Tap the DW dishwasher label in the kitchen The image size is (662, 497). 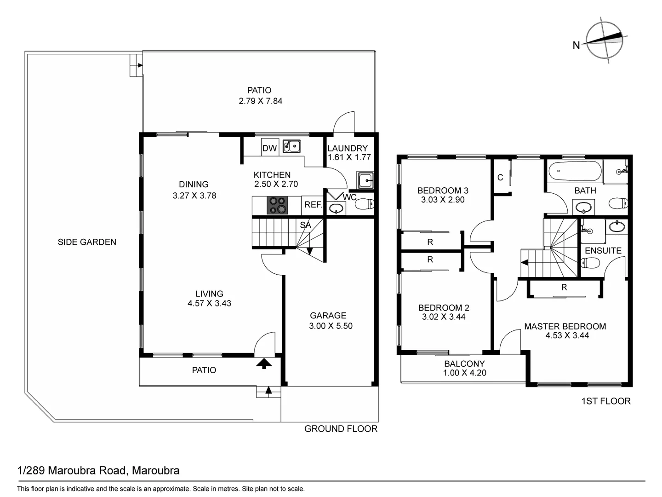click(x=269, y=148)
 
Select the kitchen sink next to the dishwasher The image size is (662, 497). click(x=291, y=146)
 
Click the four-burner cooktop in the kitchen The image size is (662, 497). click(x=277, y=205)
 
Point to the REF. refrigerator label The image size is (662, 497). click(x=313, y=205)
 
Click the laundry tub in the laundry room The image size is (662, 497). click(x=365, y=180)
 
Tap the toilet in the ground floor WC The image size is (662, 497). click(x=365, y=204)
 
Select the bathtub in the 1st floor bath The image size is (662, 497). click(x=575, y=171)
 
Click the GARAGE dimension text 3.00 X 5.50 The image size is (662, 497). click(x=331, y=326)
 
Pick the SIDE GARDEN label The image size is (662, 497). click(x=87, y=242)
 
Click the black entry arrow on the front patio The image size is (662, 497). click(x=264, y=364)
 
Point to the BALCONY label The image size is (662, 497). click(x=464, y=364)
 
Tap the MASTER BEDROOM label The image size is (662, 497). click(x=565, y=326)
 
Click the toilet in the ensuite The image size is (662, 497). click(x=590, y=263)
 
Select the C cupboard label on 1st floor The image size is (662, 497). click(x=500, y=178)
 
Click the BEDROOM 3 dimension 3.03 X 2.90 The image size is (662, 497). click(x=443, y=200)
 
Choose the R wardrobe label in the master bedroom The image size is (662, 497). click(x=564, y=288)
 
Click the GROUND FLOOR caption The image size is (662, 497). click(x=341, y=429)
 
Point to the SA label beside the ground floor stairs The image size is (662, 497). click(x=305, y=225)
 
